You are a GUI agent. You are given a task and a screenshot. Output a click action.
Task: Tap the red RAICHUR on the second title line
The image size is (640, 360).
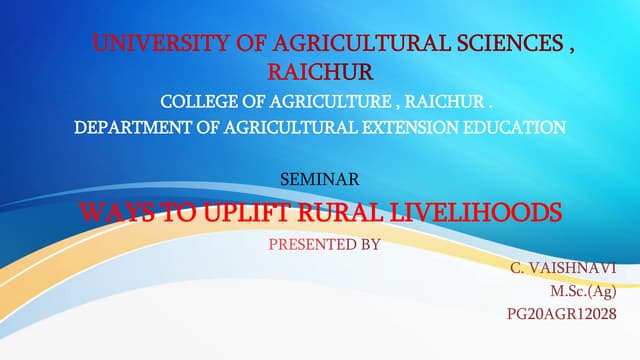320,72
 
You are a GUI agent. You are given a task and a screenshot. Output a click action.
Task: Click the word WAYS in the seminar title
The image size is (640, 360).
110,212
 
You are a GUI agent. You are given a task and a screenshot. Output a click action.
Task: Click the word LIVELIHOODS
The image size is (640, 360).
482,212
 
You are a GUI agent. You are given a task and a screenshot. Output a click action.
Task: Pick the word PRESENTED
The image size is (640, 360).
304,242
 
